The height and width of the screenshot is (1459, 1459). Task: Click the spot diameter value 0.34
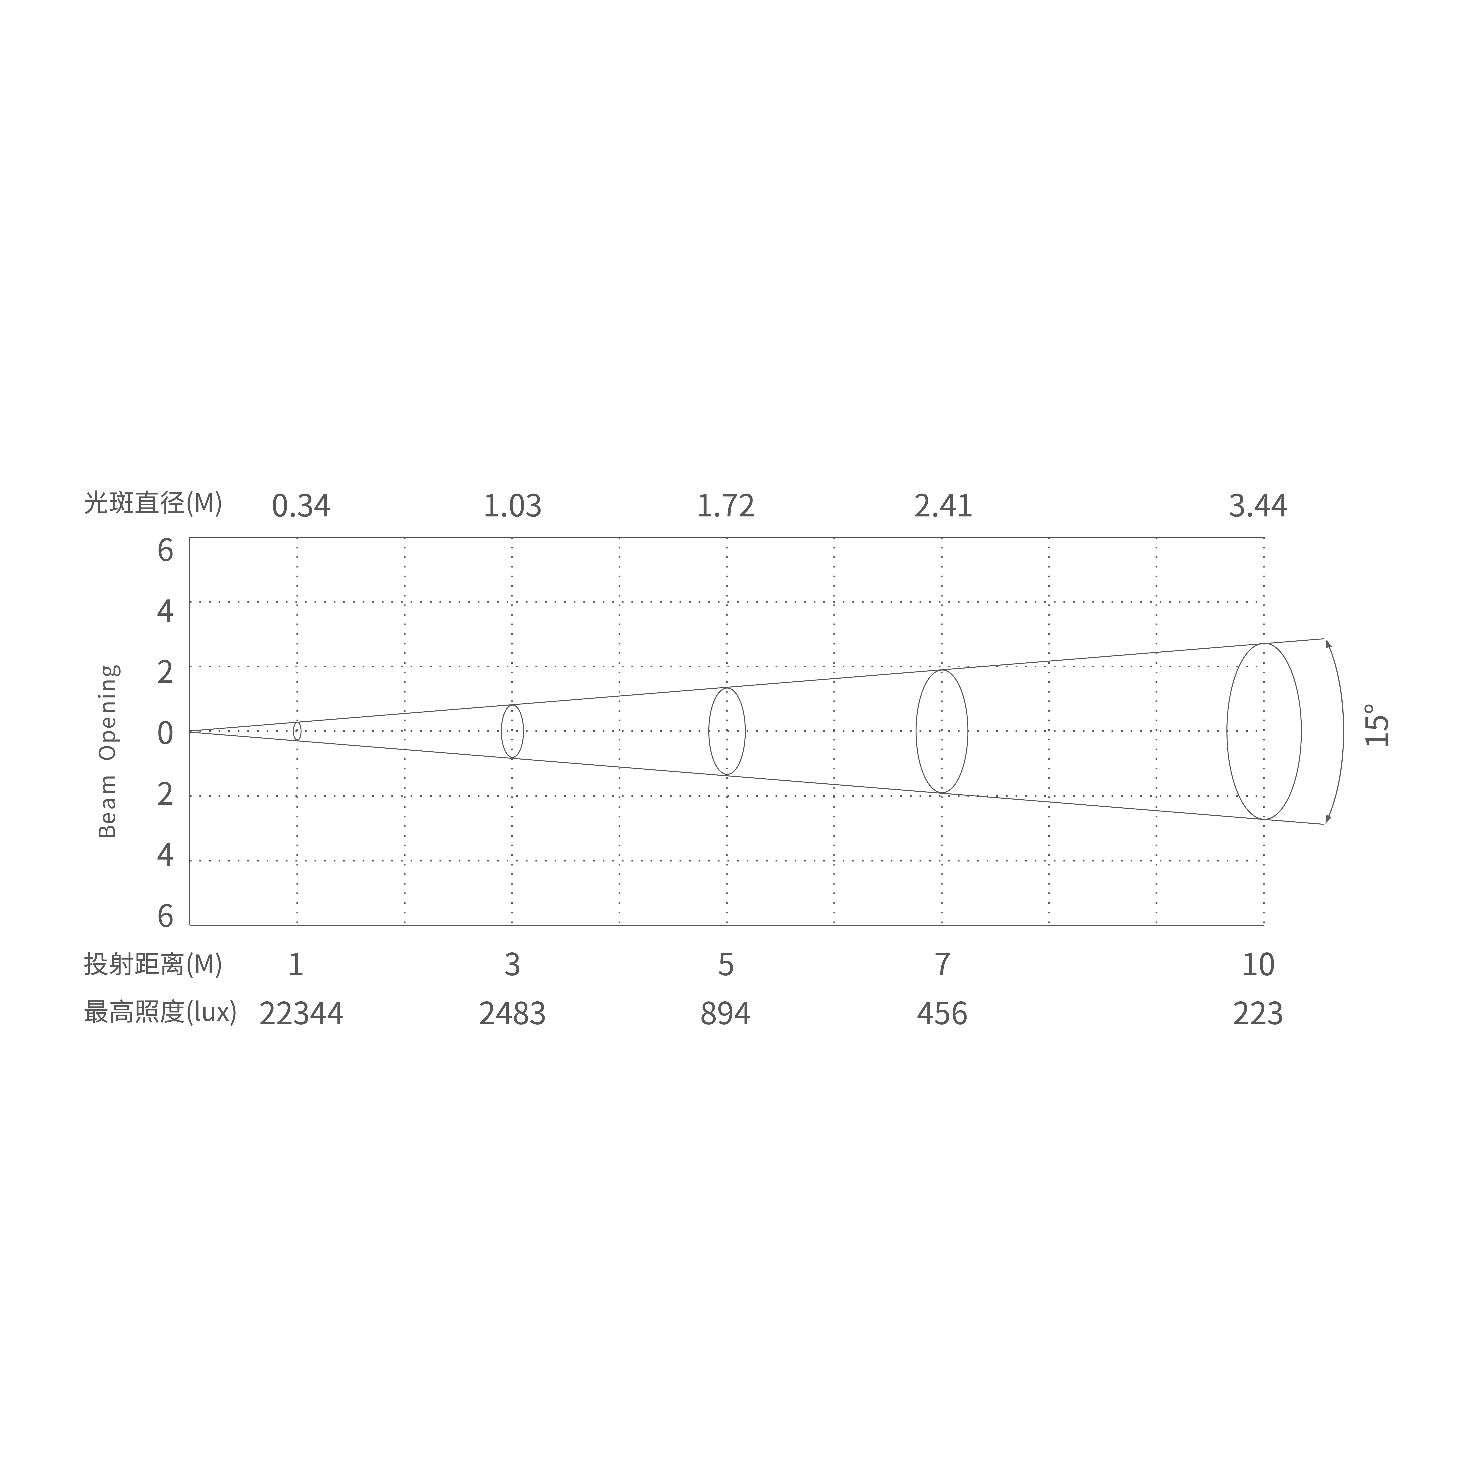click(x=301, y=506)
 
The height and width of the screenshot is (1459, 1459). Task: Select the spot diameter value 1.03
click(x=512, y=506)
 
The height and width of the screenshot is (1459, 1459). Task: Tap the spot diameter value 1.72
click(x=725, y=506)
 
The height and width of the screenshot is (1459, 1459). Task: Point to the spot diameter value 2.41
click(x=943, y=506)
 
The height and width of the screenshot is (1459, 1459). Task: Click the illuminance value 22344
click(x=301, y=1013)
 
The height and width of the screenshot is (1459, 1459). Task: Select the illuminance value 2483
click(x=512, y=1013)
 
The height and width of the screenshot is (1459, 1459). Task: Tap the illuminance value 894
click(x=725, y=1013)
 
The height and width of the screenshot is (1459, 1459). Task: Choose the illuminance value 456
click(x=942, y=1013)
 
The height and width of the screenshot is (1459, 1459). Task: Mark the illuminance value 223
click(x=1257, y=1013)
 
